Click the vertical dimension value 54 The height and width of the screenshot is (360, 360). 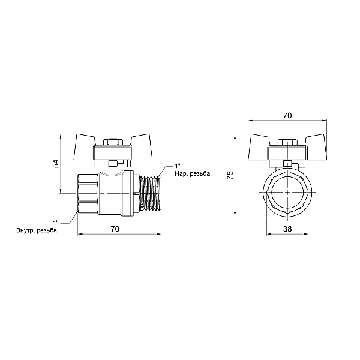tap(55, 163)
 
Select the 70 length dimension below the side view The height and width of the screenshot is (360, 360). tap(116, 229)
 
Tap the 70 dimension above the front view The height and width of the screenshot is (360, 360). tap(287, 116)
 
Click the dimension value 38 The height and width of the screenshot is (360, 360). tap(287, 229)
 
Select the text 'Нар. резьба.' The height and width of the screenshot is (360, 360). tap(193, 173)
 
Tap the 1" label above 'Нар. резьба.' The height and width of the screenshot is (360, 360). tap(177, 166)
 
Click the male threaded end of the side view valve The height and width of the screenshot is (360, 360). tap(151, 194)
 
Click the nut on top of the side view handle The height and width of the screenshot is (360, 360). tap(111, 142)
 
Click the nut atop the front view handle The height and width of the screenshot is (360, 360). tap(287, 142)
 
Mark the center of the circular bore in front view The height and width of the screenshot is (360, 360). tap(287, 193)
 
